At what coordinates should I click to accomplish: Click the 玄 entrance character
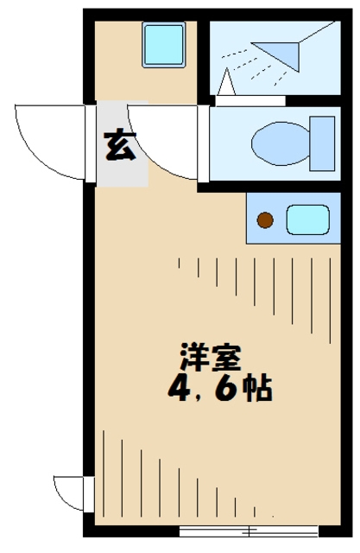[x=120, y=146]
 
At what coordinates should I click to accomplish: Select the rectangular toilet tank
[x=322, y=141]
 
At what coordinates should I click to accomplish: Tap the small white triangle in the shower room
[x=228, y=83]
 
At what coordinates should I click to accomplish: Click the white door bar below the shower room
[x=249, y=99]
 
